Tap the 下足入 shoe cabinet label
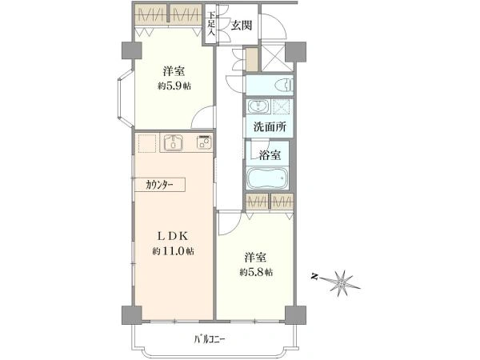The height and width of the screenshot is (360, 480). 211,24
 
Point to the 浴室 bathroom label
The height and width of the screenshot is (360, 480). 270,154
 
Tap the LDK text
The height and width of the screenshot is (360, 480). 173,235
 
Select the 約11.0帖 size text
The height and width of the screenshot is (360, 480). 173,251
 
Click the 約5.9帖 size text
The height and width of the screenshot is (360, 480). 173,86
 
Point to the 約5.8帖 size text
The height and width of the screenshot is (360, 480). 255,272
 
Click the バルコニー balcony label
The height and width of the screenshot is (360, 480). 210,339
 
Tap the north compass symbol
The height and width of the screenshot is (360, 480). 341,281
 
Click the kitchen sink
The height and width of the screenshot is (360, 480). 174,144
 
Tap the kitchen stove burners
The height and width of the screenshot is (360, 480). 203,143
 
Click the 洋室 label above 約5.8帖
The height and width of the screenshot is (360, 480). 255,257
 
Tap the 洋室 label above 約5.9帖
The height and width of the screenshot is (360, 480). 173,70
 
